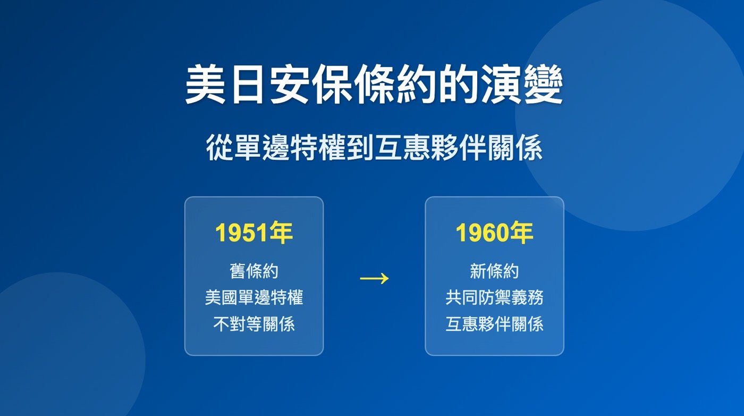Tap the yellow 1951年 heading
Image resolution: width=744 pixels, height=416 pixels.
(x=253, y=234)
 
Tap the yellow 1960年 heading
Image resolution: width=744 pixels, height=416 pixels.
(x=494, y=234)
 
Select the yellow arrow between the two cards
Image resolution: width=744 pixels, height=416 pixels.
(x=374, y=278)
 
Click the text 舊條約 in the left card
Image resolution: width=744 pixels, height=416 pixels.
(x=253, y=271)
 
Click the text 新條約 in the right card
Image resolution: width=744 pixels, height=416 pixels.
(x=494, y=271)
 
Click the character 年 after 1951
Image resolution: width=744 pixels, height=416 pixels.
(x=281, y=234)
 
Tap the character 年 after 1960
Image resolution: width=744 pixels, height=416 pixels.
(x=522, y=234)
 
